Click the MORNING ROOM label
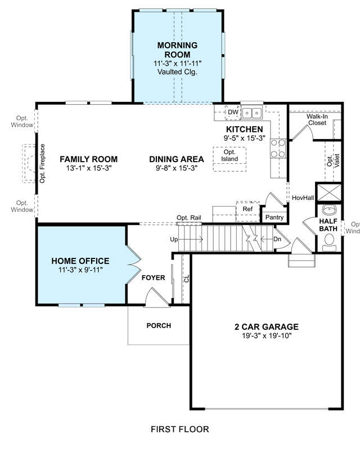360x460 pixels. tap(177, 50)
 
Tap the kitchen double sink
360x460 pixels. tap(252, 113)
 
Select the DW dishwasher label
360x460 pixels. tap(233, 112)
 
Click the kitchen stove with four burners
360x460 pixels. tap(278, 149)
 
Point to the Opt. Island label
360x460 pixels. tap(229, 155)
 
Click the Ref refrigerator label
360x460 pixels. tap(247, 209)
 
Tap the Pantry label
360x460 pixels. tap(274, 217)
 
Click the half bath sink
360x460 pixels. tap(330, 209)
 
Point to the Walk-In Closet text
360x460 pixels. tap(317, 120)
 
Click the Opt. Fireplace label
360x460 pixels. tap(43, 163)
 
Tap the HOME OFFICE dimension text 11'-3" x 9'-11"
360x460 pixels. tap(80, 270)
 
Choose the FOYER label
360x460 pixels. tap(154, 278)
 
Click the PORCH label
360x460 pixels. tap(159, 325)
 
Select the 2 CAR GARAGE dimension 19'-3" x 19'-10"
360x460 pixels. tap(267, 336)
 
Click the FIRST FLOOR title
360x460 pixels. tap(179, 429)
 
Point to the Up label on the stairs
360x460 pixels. tap(174, 239)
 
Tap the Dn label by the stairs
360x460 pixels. tap(277, 239)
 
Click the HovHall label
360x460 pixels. tap(303, 198)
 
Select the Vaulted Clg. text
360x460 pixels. tap(177, 72)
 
